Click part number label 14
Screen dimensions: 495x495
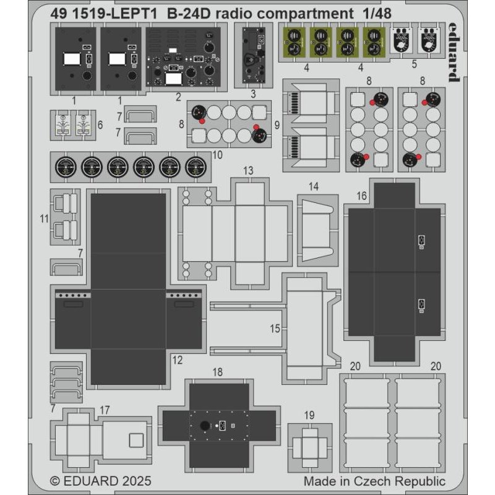click(314, 186)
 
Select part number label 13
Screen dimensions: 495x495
click(248, 170)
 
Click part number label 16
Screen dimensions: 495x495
click(362, 196)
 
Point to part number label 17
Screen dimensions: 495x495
click(105, 410)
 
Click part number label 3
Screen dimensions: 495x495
click(253, 94)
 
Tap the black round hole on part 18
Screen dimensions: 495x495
click(204, 426)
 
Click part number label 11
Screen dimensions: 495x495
click(43, 218)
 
